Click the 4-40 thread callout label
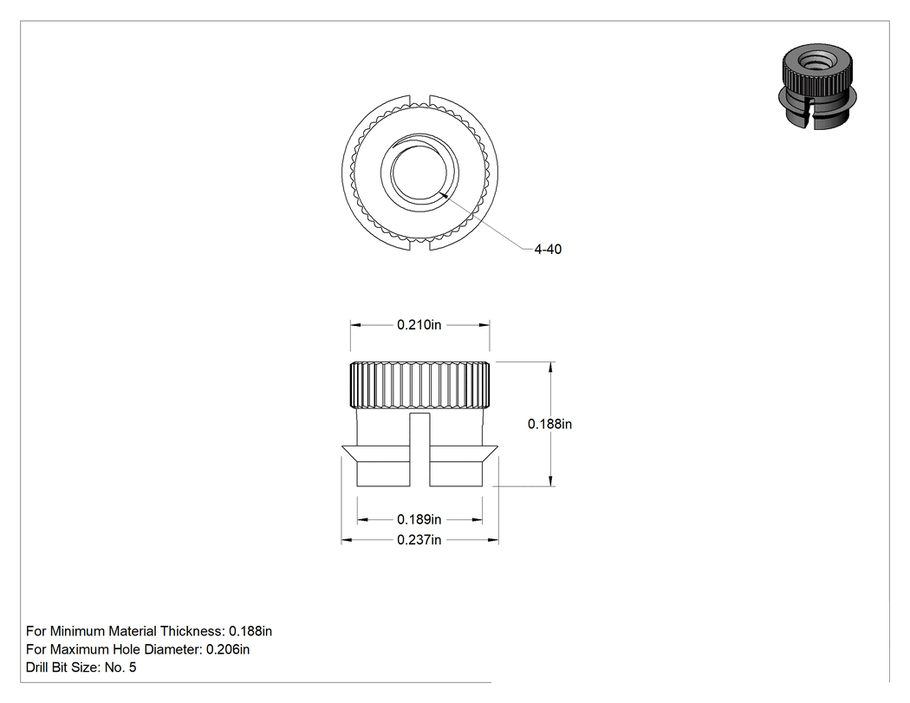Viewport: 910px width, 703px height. coord(548,249)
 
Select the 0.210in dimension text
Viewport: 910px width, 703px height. coord(419,325)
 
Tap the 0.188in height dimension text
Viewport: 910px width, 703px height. coord(549,425)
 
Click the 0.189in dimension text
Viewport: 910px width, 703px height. coord(419,519)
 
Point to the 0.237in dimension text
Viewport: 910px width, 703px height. coord(419,540)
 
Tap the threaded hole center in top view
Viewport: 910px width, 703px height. coord(419,172)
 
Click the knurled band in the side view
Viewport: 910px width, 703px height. coord(419,385)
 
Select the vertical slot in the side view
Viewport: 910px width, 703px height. coord(419,450)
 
